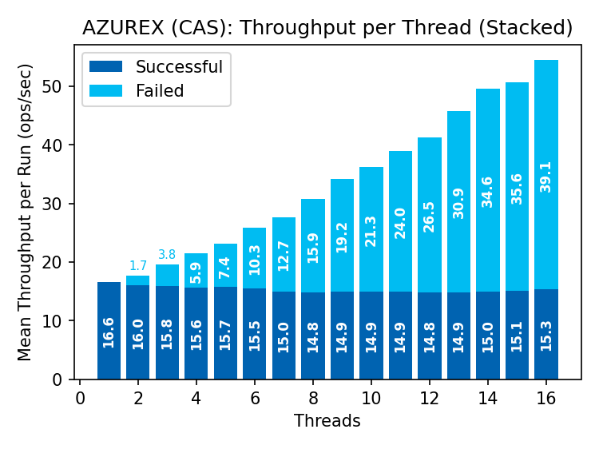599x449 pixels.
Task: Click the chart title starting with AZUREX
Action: pyautogui.click(x=327, y=28)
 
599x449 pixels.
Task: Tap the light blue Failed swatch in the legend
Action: pyautogui.click(x=106, y=91)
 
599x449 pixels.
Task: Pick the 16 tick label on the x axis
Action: pyautogui.click(x=545, y=397)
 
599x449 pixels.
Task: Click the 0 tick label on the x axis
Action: pyautogui.click(x=80, y=397)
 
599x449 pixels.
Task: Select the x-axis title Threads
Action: pyautogui.click(x=327, y=420)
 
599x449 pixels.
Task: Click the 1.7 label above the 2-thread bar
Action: pyautogui.click(x=138, y=266)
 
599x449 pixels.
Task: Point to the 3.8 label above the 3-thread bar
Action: pyautogui.click(x=167, y=255)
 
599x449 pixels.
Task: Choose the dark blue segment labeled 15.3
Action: pyautogui.click(x=546, y=334)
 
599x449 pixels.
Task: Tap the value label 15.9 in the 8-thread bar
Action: pyautogui.click(x=313, y=246)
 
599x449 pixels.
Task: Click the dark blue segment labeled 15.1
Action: pyautogui.click(x=517, y=335)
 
